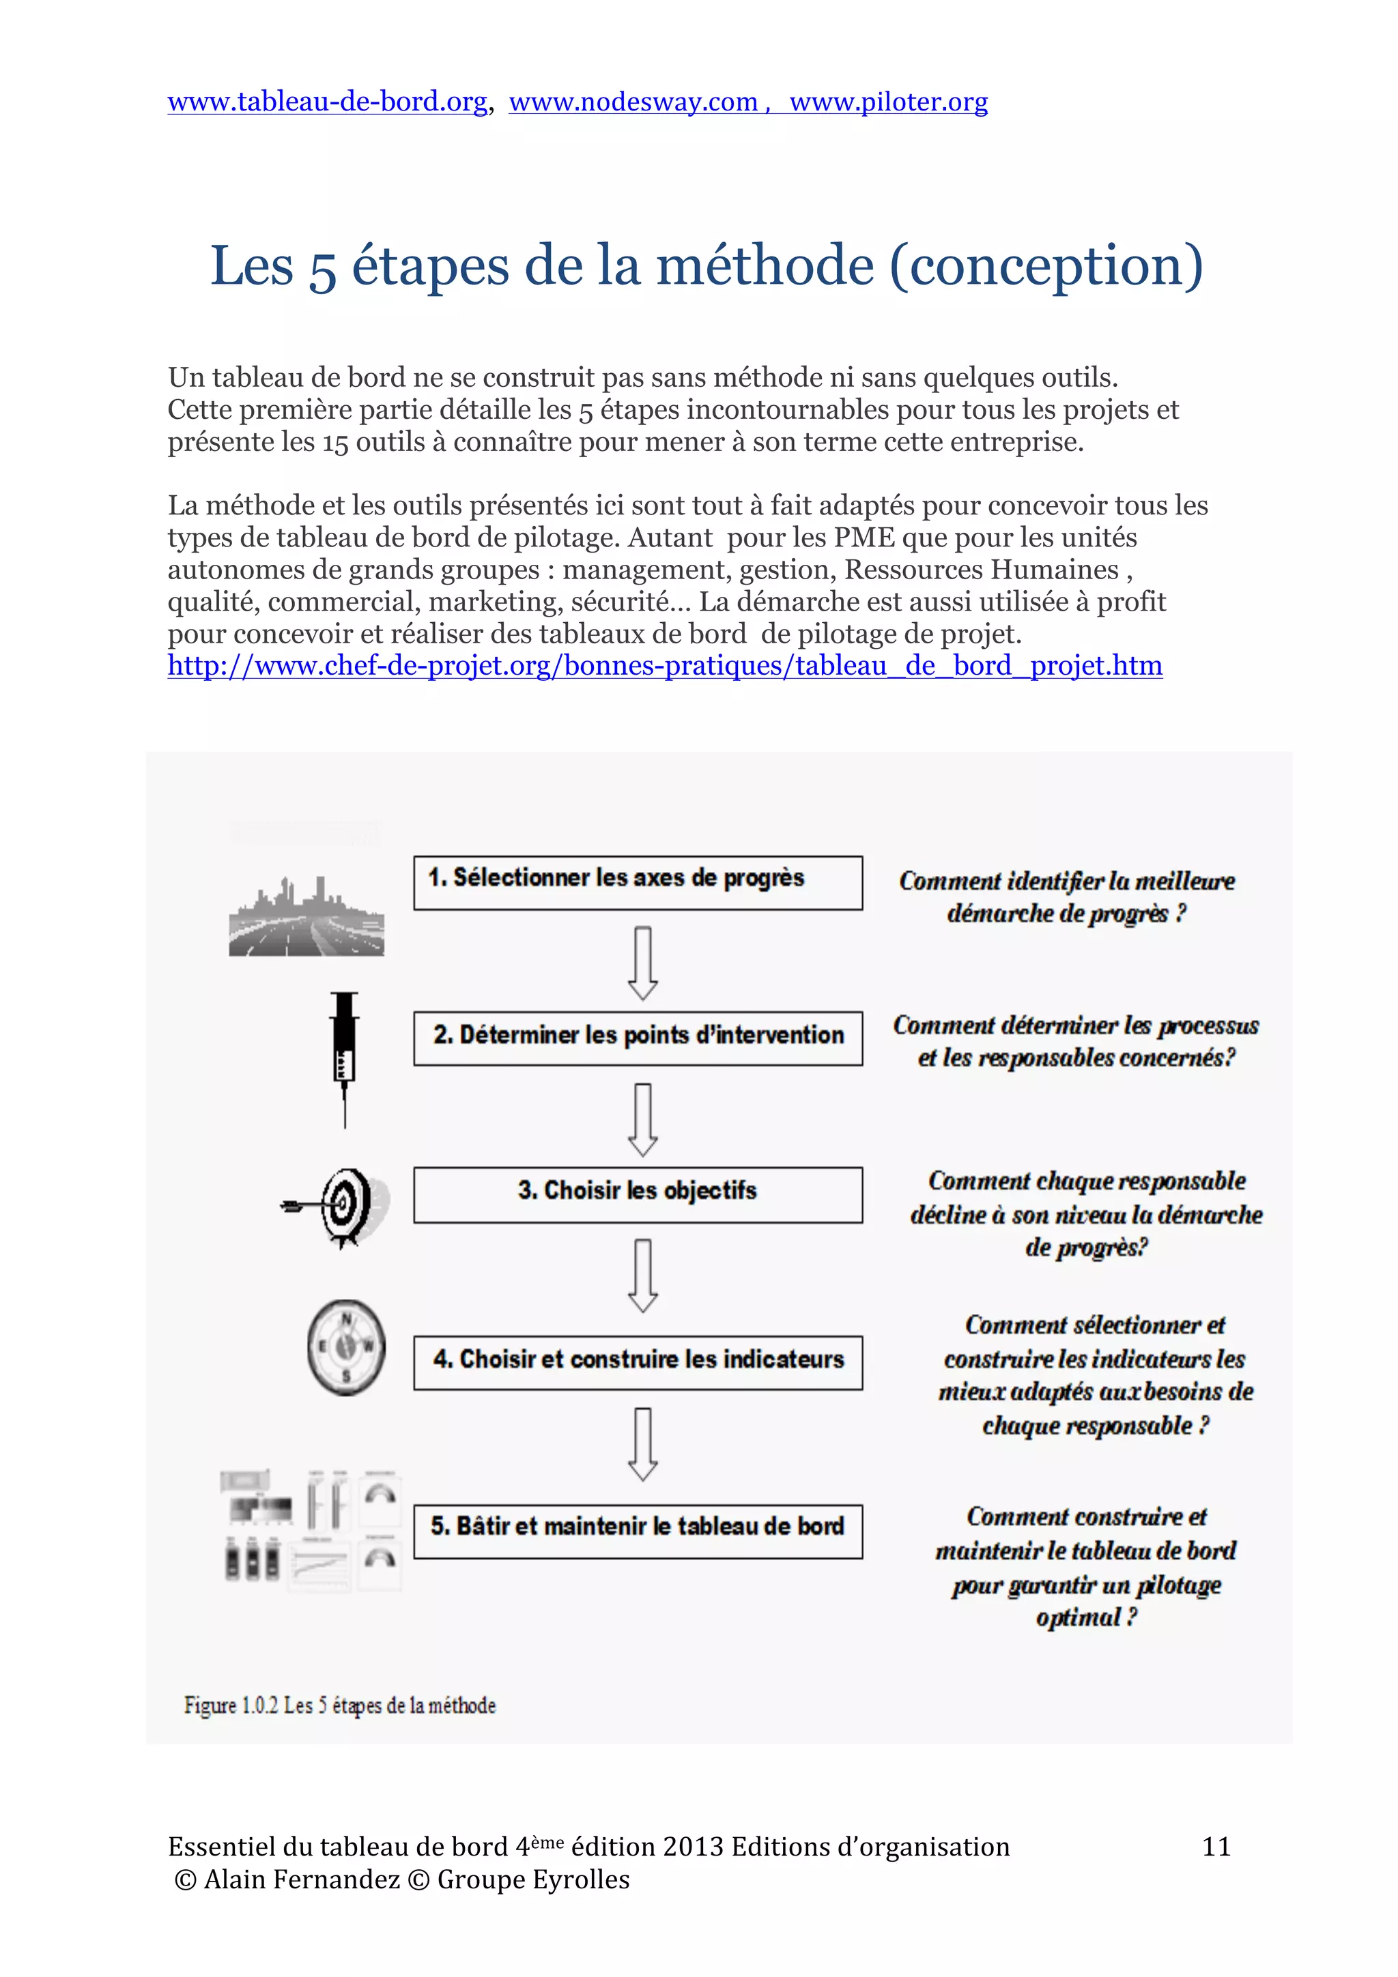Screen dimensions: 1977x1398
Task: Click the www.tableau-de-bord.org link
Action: click(x=328, y=102)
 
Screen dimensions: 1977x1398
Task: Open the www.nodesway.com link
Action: click(x=632, y=102)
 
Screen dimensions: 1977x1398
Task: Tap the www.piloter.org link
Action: click(x=888, y=102)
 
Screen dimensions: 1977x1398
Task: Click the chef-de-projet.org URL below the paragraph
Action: click(x=664, y=666)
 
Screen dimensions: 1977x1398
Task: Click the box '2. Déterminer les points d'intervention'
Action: click(x=638, y=1038)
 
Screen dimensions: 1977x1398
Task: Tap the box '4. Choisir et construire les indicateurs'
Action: click(x=638, y=1362)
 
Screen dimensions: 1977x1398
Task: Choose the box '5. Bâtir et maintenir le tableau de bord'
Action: click(x=638, y=1530)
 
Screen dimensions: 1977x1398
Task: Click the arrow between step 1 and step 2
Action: click(x=642, y=962)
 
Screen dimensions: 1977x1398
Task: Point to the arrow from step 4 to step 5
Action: click(x=642, y=1443)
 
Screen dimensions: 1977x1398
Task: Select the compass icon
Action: click(x=346, y=1347)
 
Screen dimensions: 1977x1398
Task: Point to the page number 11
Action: click(x=1215, y=1846)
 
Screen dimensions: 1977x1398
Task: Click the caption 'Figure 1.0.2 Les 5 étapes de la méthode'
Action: click(x=339, y=1705)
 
